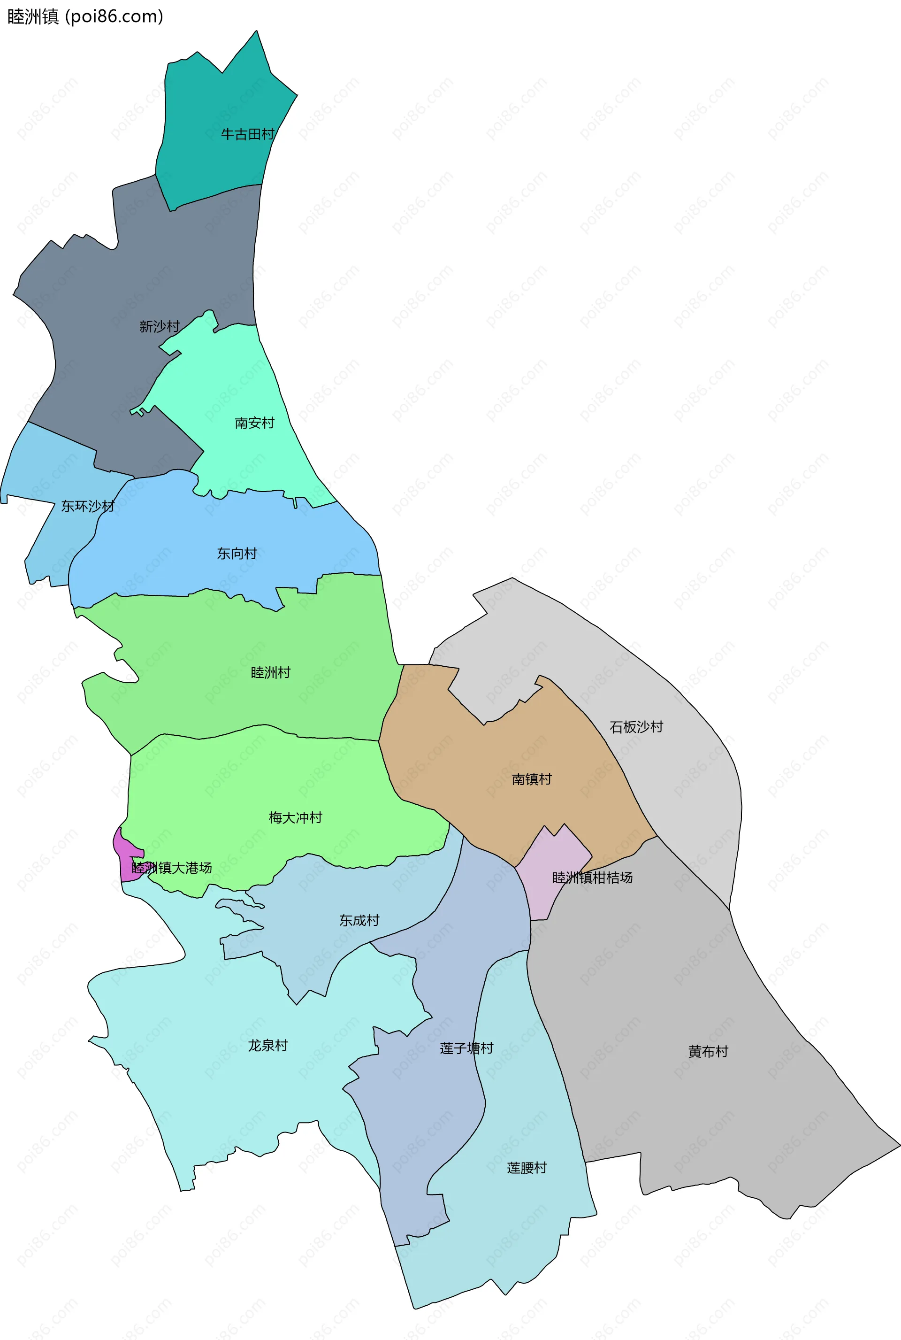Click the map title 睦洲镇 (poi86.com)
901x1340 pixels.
85,16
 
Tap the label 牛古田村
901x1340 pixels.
248,134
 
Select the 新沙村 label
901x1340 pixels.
159,326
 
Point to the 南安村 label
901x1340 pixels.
254,423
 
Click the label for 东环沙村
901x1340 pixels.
87,506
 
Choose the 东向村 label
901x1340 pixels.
237,554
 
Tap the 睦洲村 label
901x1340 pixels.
271,673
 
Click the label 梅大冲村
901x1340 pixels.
295,817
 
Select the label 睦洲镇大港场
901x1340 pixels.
172,868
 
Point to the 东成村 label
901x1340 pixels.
359,920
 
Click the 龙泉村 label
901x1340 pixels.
268,1045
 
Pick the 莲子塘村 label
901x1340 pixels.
466,1048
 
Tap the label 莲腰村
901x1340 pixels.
527,1168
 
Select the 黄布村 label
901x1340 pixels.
709,1051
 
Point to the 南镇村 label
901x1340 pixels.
532,779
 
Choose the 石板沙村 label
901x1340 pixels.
636,727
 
